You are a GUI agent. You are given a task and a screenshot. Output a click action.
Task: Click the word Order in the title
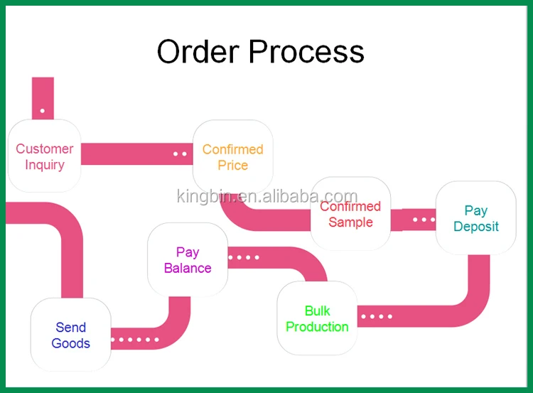[198, 52]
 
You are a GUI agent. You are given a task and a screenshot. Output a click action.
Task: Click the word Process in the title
[306, 52]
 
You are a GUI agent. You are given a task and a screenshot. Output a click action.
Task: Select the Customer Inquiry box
[45, 156]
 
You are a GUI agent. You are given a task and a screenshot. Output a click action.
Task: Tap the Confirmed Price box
[233, 157]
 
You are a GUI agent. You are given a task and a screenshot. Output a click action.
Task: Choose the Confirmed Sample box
[350, 213]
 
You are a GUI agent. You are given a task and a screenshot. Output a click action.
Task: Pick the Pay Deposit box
[476, 218]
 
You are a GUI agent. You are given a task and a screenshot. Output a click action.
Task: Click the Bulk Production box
[317, 318]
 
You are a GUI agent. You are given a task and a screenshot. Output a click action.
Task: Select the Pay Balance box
[188, 259]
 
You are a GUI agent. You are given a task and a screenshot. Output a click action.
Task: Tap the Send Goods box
[70, 335]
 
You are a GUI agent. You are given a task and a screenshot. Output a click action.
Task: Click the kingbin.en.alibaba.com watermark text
[267, 196]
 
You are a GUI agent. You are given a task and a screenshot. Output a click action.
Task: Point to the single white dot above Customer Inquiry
[43, 110]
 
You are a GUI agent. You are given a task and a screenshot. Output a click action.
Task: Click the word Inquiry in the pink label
[45, 165]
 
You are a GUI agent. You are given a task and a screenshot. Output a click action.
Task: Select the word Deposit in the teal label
[476, 227]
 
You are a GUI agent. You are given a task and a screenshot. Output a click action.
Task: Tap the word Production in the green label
[317, 327]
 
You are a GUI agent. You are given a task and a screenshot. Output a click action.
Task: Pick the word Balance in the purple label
[188, 268]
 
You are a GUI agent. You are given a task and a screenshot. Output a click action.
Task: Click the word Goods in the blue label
[70, 343]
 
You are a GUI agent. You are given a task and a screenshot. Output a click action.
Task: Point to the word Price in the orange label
[233, 165]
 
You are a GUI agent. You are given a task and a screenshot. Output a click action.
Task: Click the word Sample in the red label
[350, 222]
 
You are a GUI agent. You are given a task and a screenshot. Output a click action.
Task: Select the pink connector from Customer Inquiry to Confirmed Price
[137, 154]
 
